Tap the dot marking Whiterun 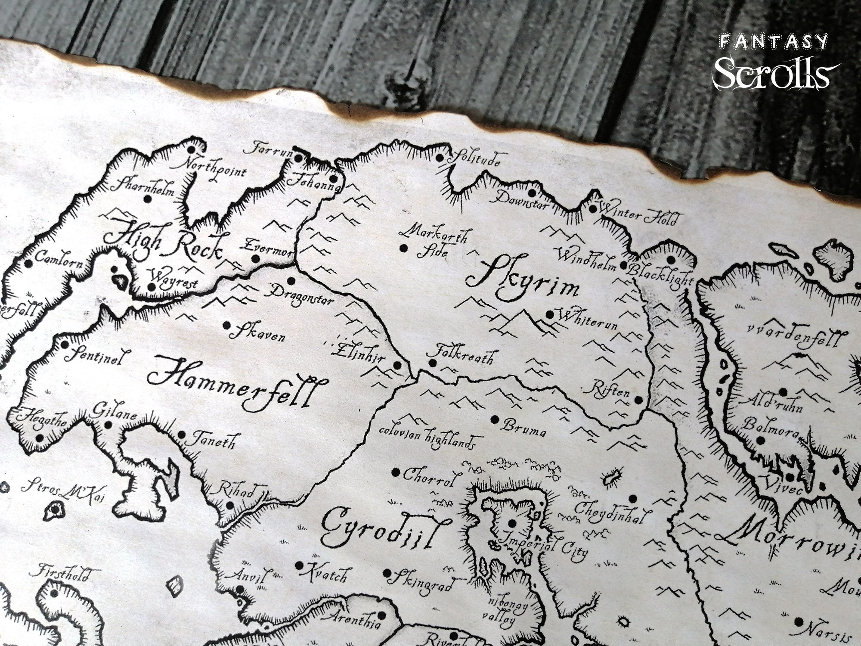tap(549, 314)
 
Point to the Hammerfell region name tap(236, 385)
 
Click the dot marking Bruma tap(495, 419)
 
